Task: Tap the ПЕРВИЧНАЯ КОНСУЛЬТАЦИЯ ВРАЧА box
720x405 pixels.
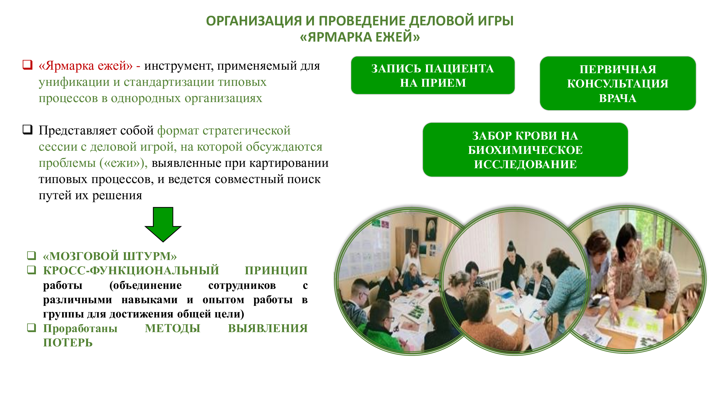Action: coord(618,83)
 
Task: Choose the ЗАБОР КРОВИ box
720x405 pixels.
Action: coord(525,150)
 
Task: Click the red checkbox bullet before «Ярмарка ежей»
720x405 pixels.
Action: coord(28,65)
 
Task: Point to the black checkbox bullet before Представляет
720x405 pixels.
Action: coord(28,130)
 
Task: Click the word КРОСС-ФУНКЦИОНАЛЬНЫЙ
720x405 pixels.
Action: coord(131,271)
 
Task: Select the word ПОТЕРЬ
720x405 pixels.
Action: coord(68,343)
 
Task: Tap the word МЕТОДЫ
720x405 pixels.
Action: coord(173,328)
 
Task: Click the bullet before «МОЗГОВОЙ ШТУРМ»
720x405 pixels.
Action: coord(32,255)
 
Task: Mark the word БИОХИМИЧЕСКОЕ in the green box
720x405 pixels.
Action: coord(525,150)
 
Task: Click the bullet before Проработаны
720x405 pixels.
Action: coord(32,328)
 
